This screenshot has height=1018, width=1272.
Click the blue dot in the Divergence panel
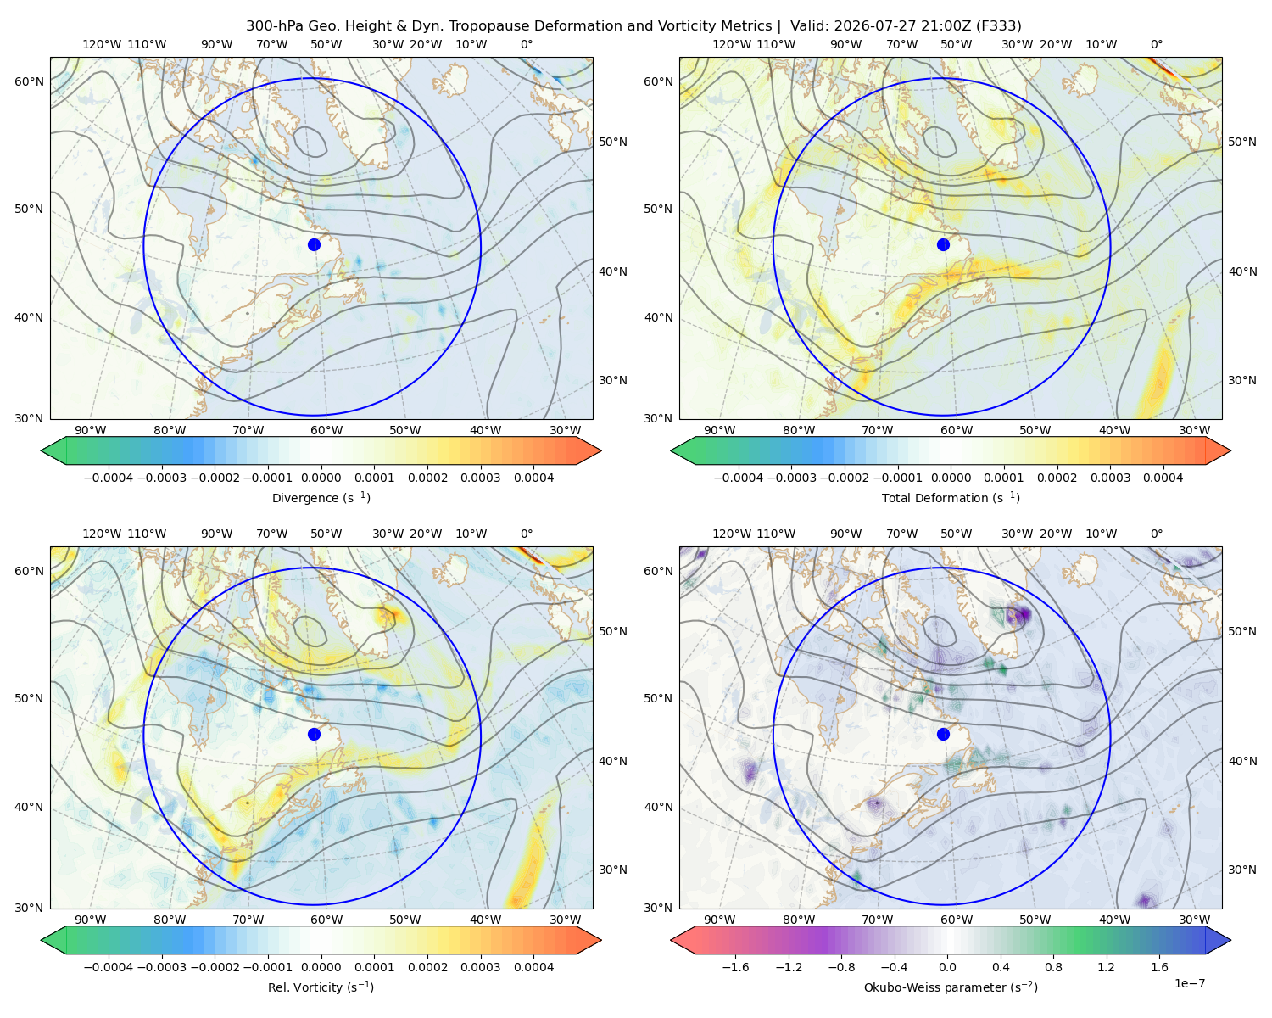[314, 244]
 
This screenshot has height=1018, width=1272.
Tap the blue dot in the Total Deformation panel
[943, 244]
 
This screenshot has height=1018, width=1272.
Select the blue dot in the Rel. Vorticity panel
[314, 734]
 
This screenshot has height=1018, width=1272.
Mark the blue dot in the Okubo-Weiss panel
[943, 734]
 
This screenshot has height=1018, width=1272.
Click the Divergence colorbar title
[321, 497]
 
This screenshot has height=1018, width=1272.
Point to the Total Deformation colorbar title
[951, 497]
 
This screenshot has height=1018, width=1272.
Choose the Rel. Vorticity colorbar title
[321, 987]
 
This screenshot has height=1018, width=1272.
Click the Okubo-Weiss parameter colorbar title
[951, 987]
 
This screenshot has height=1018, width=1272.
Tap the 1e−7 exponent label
[1189, 983]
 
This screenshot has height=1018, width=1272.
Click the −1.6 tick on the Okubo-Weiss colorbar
[735, 966]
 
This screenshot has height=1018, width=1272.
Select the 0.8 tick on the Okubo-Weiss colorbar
[1053, 966]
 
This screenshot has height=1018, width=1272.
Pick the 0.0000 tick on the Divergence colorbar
[321, 478]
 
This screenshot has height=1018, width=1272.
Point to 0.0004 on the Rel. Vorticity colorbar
[533, 966]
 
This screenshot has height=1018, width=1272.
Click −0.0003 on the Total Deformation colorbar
[791, 478]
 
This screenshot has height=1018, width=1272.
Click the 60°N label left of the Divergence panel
[29, 81]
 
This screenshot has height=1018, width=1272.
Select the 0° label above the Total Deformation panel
[1157, 44]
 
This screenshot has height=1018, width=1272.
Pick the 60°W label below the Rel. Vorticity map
[326, 920]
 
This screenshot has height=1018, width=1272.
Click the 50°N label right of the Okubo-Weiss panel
[1242, 631]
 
